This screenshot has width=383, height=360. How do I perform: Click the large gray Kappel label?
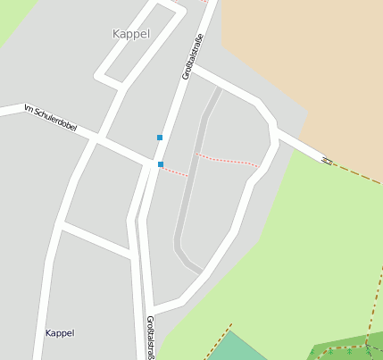tap(131, 34)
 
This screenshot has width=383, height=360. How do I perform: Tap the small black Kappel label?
tap(60, 333)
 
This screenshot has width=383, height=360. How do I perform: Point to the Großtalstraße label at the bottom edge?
tap(149, 338)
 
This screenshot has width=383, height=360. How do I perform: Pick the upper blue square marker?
tap(160, 138)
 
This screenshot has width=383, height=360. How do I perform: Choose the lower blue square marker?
tap(161, 164)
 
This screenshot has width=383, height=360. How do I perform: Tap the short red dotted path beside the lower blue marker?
tap(176, 171)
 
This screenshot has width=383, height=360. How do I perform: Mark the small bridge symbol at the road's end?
tap(327, 160)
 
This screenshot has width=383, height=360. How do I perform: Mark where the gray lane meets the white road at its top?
tap(218, 89)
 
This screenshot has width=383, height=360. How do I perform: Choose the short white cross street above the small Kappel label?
tap(97, 235)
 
